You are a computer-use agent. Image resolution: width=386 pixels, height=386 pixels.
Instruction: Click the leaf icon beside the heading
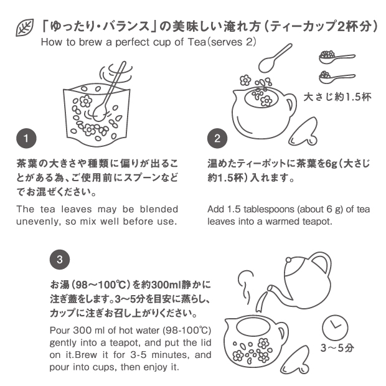(x=25, y=27)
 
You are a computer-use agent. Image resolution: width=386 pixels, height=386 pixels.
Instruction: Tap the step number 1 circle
(x=26, y=138)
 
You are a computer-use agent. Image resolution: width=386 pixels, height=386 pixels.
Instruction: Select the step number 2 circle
(x=217, y=138)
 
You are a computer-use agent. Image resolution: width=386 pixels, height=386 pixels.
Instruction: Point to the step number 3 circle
(x=60, y=260)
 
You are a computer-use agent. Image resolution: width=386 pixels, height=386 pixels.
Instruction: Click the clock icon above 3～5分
(x=335, y=328)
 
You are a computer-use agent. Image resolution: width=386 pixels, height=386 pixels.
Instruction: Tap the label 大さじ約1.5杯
(x=337, y=97)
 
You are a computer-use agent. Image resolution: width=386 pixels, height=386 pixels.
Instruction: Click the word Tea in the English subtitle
(x=197, y=42)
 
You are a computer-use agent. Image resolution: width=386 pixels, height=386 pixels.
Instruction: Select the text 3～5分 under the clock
(x=337, y=348)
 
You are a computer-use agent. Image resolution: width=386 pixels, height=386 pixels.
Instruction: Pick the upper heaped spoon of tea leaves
(x=337, y=57)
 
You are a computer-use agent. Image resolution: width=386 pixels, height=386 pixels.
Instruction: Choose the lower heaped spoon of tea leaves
(x=337, y=77)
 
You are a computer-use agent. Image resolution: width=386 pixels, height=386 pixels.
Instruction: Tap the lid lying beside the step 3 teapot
(x=295, y=360)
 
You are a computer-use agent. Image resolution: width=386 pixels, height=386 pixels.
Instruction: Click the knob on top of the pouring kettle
(x=289, y=260)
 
